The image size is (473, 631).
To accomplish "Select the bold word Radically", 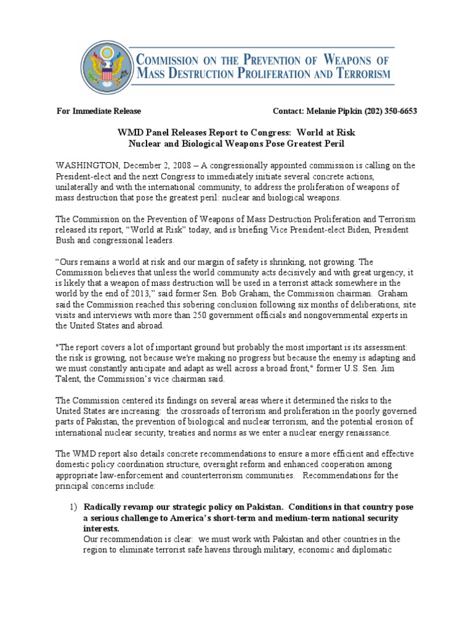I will coord(105,507).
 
